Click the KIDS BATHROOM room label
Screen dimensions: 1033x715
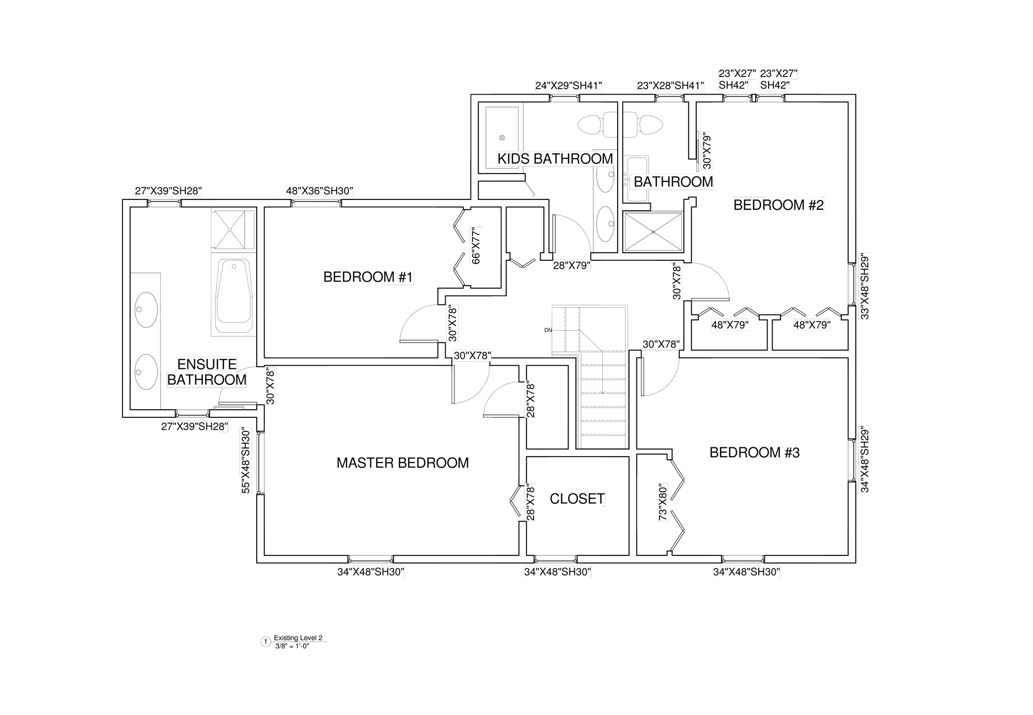click(555, 159)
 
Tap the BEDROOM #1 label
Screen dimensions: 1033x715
click(368, 277)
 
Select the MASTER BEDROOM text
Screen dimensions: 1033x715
click(402, 463)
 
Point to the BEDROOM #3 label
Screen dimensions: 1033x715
click(754, 453)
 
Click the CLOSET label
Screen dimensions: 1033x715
click(577, 499)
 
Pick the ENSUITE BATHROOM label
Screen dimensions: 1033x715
click(207, 372)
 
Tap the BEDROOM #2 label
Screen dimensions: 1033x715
click(778, 205)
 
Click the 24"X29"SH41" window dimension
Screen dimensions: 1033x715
click(569, 86)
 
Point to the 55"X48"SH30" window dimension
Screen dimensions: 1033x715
click(246, 461)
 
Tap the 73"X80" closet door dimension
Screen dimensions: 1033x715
click(663, 502)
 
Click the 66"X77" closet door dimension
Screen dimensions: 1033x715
click(476, 245)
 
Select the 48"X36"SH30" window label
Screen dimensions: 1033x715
click(320, 191)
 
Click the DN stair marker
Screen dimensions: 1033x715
click(548, 330)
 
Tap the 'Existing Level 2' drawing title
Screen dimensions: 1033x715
click(298, 638)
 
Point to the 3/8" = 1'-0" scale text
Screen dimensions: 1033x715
click(292, 646)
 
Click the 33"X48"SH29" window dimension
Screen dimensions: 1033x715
click(865, 286)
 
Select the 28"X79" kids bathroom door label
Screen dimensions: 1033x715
click(572, 266)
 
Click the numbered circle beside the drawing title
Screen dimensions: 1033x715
click(266, 642)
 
